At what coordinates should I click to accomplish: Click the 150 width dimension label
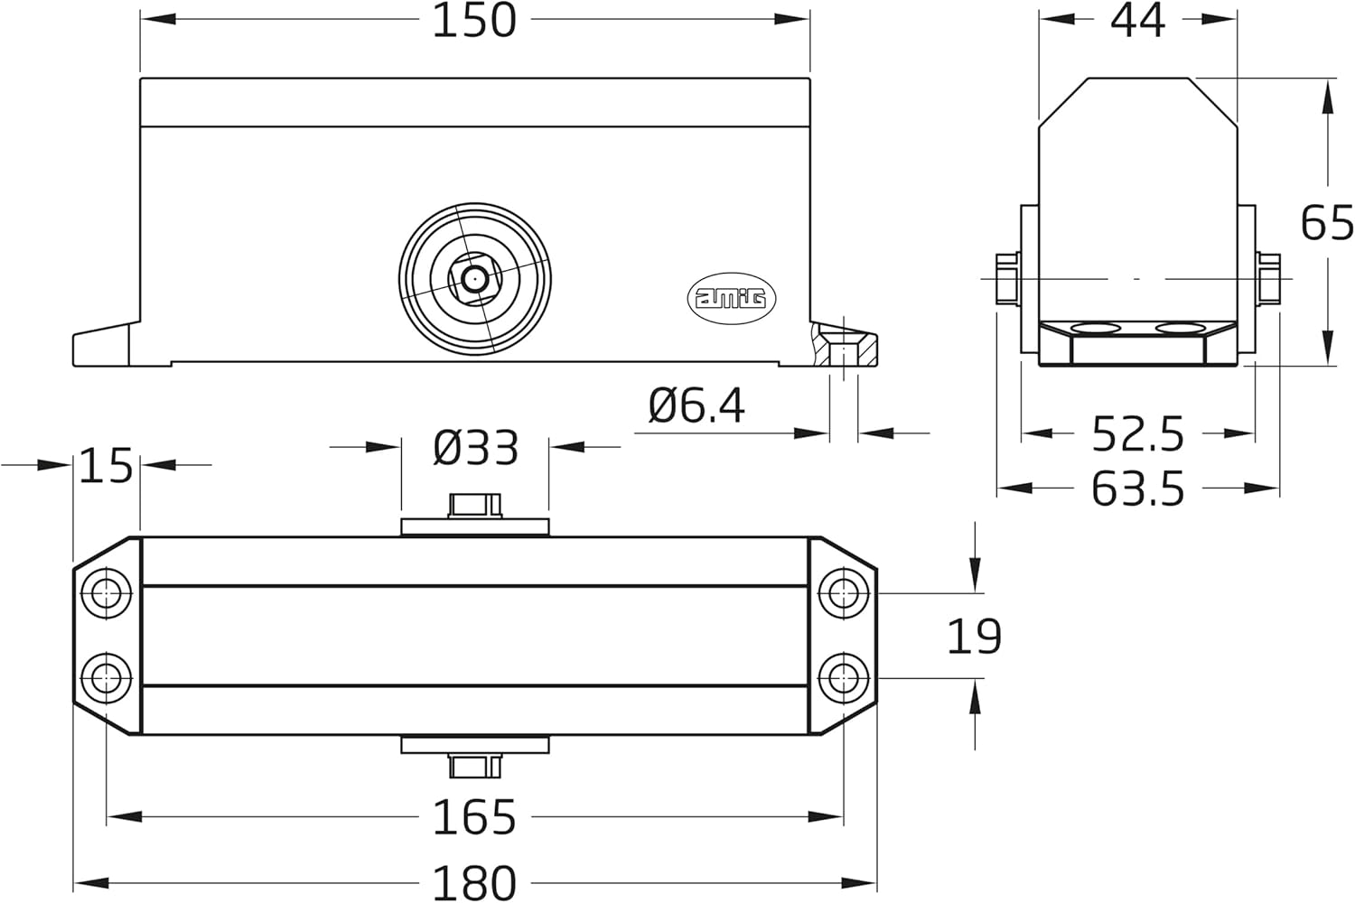[x=474, y=20]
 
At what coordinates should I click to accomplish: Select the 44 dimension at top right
[x=1137, y=20]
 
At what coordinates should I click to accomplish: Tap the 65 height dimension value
[x=1326, y=222]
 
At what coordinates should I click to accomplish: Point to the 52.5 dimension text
[x=1137, y=434]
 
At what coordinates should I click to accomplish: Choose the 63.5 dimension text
[x=1137, y=489]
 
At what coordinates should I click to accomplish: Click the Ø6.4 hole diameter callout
[x=696, y=406]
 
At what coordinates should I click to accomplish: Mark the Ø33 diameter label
[x=476, y=448]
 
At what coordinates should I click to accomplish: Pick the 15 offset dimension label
[x=106, y=466]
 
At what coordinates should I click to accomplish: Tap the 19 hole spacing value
[x=974, y=637]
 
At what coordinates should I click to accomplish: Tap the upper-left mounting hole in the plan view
[x=107, y=593]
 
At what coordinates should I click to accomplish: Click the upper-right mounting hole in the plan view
[x=844, y=593]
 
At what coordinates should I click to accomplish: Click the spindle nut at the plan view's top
[x=474, y=505]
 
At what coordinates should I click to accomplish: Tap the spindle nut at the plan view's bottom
[x=474, y=766]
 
